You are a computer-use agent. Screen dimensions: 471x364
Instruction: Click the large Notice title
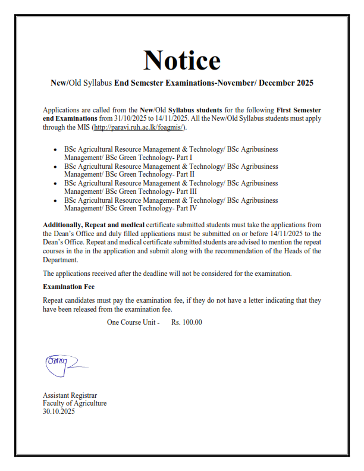[182, 59]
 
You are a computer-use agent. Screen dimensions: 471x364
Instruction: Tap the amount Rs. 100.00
[187, 322]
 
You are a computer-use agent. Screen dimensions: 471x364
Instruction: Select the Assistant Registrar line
[70, 395]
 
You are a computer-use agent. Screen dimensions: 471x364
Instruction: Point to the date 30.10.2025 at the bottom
[59, 411]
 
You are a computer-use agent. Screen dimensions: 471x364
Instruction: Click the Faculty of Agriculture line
[74, 403]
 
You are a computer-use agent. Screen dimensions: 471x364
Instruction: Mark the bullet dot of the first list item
[55, 149]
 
